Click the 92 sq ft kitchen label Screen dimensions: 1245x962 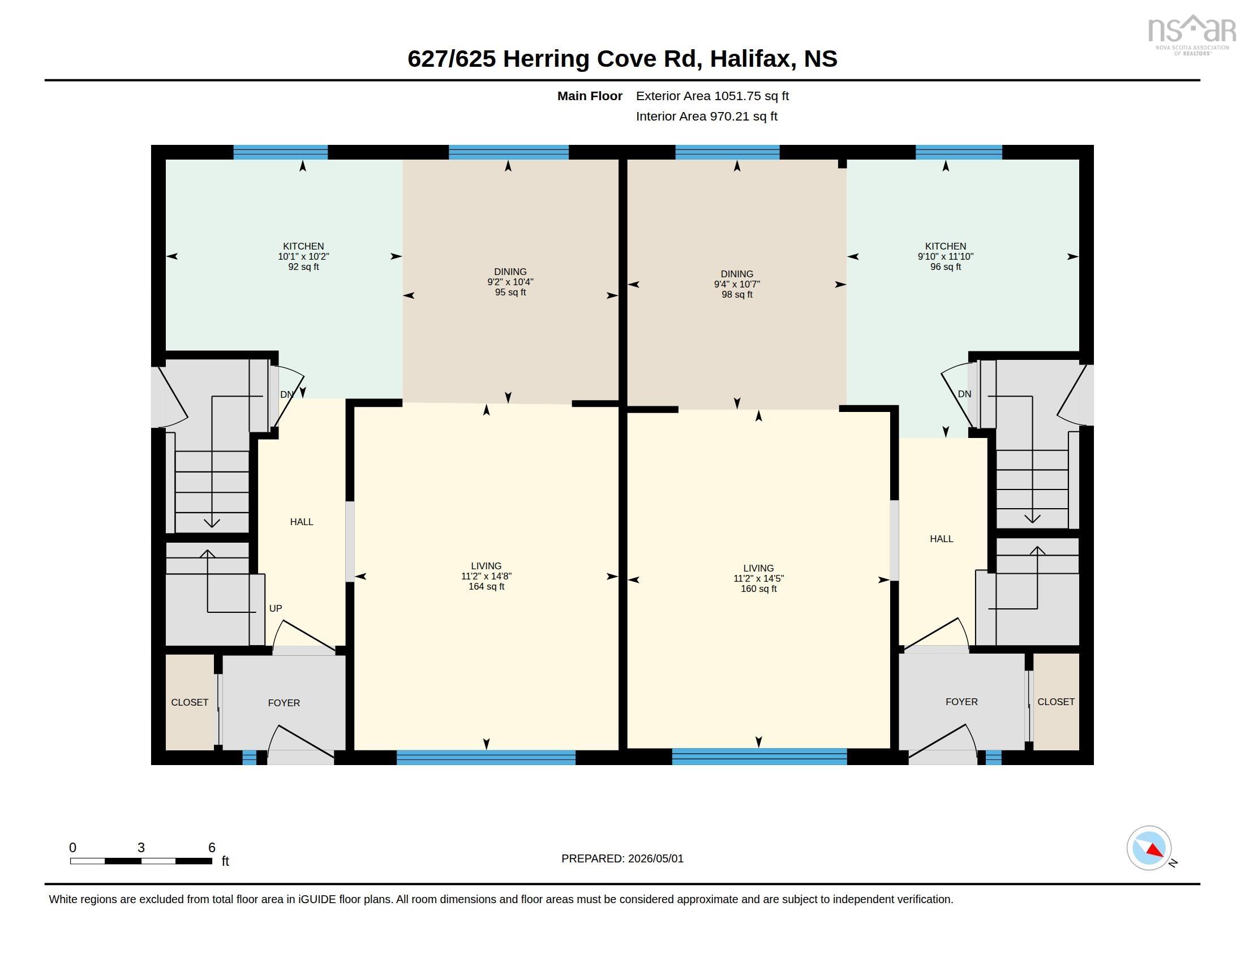[x=303, y=256]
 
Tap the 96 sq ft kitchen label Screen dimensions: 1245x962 [x=945, y=256]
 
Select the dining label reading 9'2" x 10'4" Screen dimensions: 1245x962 [x=510, y=282]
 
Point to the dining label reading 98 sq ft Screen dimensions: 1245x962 [x=736, y=285]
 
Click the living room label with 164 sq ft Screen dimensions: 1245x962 [x=486, y=576]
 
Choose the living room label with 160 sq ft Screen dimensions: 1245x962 [x=758, y=578]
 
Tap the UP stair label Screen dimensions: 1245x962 [x=276, y=609]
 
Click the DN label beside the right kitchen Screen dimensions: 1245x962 [x=964, y=394]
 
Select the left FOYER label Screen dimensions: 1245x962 [x=284, y=703]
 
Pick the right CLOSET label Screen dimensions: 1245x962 [x=1056, y=702]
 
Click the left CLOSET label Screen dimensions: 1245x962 [x=190, y=703]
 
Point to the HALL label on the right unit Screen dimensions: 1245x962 [x=941, y=539]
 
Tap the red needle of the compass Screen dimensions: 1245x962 [x=1155, y=851]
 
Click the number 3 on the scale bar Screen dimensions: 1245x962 [x=141, y=848]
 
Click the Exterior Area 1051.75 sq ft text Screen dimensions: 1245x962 [x=712, y=96]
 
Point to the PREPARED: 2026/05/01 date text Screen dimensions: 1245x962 [x=622, y=859]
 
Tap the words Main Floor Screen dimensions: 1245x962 [x=590, y=96]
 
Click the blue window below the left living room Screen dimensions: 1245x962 [x=486, y=757]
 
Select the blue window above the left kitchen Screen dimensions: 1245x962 [x=281, y=152]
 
